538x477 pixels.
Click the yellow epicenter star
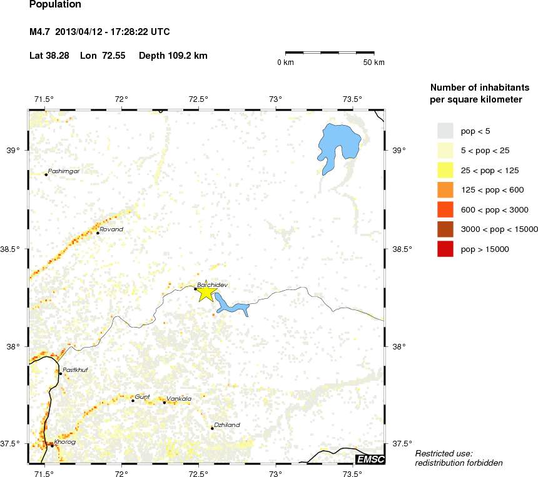tap(206, 292)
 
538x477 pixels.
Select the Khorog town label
tap(65, 442)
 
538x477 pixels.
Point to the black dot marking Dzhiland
tap(213, 428)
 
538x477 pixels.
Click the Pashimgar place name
tap(64, 171)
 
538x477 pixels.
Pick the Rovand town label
tap(112, 229)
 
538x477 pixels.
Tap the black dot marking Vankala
tap(165, 403)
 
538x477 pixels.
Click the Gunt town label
tap(143, 397)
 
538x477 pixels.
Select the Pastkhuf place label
tap(76, 370)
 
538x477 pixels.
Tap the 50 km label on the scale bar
tap(375, 63)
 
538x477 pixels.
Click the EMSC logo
tap(369, 459)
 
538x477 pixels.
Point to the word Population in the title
tap(55, 5)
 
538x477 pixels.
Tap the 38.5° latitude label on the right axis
tap(400, 249)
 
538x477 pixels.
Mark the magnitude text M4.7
tap(40, 31)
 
